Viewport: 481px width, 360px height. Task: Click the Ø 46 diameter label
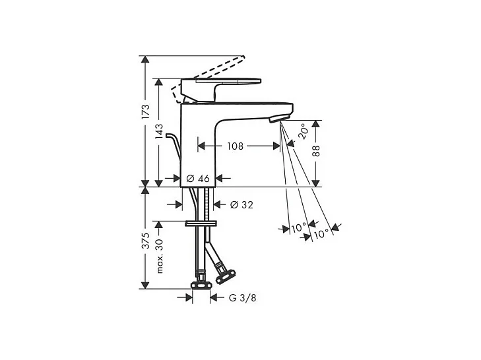199,178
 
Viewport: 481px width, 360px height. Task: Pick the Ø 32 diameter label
242,205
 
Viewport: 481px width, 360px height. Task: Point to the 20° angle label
302,131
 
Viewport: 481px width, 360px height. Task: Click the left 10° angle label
298,228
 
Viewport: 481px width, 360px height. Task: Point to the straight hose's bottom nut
199,284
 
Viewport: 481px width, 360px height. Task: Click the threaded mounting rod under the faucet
209,211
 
